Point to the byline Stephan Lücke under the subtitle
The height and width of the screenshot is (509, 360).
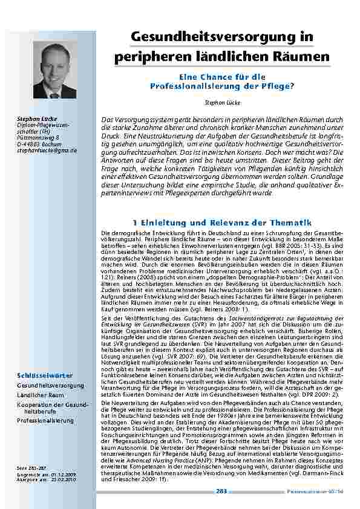click(x=222, y=103)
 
